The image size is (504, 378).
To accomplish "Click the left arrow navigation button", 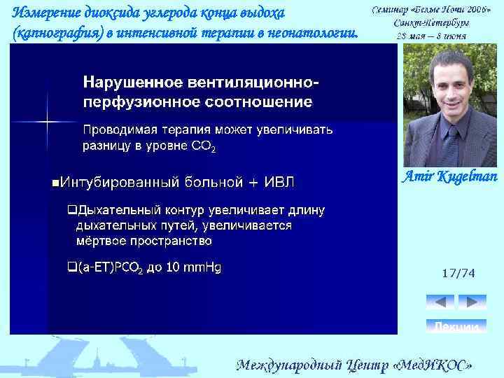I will [440, 302].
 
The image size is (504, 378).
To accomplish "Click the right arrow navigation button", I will [473, 302].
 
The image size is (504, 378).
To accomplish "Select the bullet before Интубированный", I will [55, 183].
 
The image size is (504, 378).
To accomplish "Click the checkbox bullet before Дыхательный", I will [71, 210].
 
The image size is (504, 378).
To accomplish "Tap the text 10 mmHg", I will [192, 267].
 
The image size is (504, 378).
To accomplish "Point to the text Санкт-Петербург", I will [430, 22].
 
